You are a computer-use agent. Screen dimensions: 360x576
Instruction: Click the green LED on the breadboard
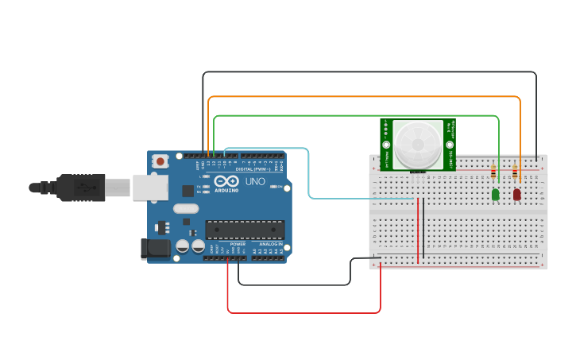496,194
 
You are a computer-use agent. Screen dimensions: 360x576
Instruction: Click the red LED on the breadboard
516,194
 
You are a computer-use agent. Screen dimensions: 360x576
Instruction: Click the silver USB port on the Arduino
150,187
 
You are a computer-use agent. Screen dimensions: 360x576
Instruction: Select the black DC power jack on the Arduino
155,249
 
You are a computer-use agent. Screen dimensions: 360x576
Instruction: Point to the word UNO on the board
255,182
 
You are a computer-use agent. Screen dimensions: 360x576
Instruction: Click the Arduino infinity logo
226,181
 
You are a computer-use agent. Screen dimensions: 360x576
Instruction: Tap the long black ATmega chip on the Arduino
245,230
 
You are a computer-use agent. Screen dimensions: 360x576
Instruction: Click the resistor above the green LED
496,170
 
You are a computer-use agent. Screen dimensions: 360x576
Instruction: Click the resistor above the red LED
516,170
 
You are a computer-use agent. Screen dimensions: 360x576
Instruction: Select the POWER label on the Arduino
238,244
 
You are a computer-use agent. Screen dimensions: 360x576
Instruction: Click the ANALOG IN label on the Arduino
269,244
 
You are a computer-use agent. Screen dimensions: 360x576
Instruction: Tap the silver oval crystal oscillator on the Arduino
184,209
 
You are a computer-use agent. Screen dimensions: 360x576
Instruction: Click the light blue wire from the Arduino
309,175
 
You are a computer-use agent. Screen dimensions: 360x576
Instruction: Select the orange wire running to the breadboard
365,97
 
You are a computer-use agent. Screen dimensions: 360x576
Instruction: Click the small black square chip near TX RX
187,191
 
